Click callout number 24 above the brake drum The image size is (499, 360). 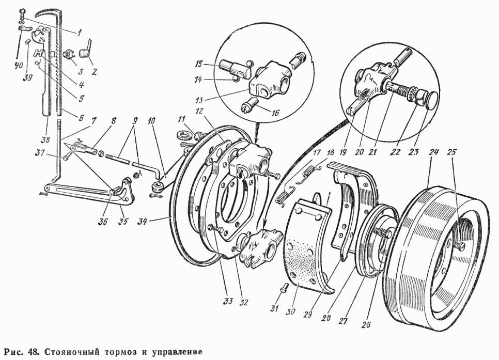434,152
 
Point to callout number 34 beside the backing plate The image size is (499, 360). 142,221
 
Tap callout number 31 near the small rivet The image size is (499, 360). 275,308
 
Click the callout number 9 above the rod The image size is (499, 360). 135,121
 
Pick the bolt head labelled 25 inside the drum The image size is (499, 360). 460,246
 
